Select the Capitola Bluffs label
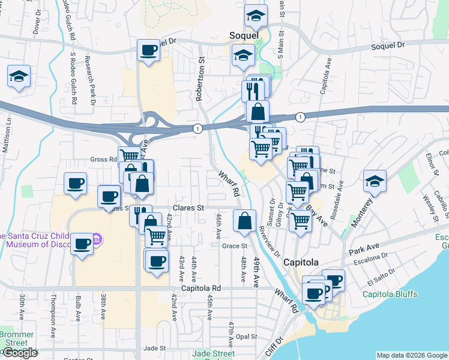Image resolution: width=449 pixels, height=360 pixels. point(390,294)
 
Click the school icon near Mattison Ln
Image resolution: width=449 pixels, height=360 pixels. point(19,77)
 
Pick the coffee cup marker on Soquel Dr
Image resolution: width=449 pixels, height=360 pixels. point(148,50)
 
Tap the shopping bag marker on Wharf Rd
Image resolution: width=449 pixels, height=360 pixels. point(245,221)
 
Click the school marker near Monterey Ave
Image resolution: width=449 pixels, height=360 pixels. point(375,181)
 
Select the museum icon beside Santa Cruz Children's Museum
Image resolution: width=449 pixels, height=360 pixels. point(97,240)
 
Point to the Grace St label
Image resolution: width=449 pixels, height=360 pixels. point(235,246)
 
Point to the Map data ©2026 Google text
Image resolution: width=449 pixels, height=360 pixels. point(412,355)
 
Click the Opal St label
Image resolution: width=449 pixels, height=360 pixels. point(247,337)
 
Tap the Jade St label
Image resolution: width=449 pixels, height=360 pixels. point(154,348)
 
